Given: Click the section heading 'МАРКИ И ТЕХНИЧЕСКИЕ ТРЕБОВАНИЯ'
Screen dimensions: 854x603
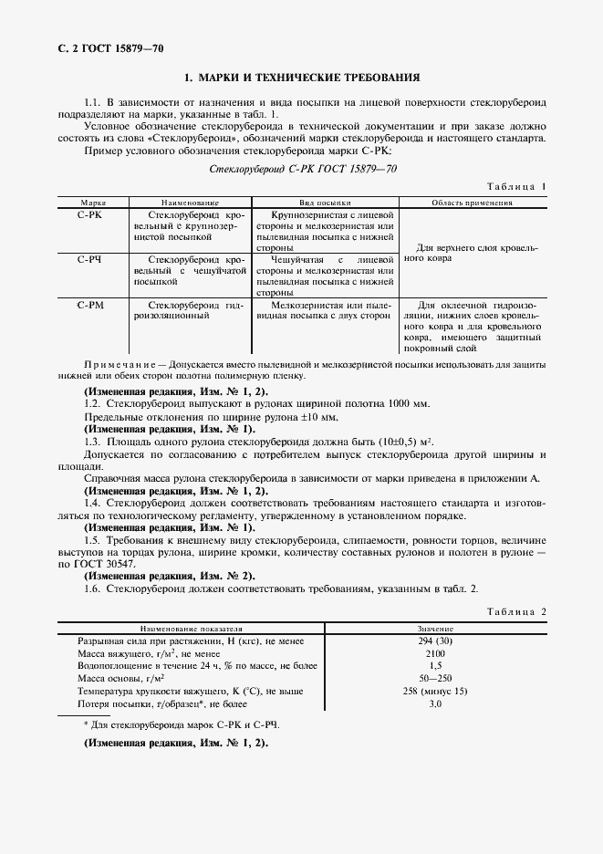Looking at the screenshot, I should [302, 78].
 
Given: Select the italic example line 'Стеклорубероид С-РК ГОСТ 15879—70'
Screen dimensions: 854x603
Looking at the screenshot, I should [303, 169].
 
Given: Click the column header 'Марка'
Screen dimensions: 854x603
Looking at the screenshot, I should [93, 203].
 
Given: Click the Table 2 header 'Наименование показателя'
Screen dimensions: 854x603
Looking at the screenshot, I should [191, 630].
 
